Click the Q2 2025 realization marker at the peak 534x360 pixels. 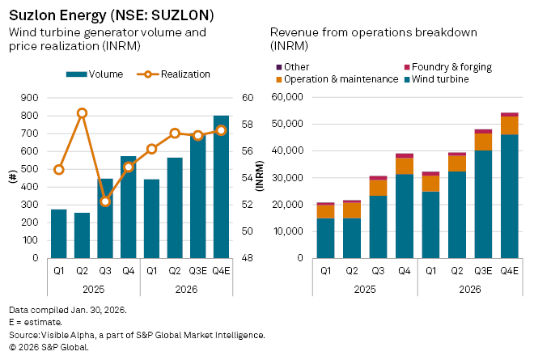pos(82,113)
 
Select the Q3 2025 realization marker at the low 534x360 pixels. pos(105,201)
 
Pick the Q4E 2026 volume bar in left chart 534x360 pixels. pos(221,187)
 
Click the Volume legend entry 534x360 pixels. pos(94,74)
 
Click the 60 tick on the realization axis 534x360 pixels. pos(248,98)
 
